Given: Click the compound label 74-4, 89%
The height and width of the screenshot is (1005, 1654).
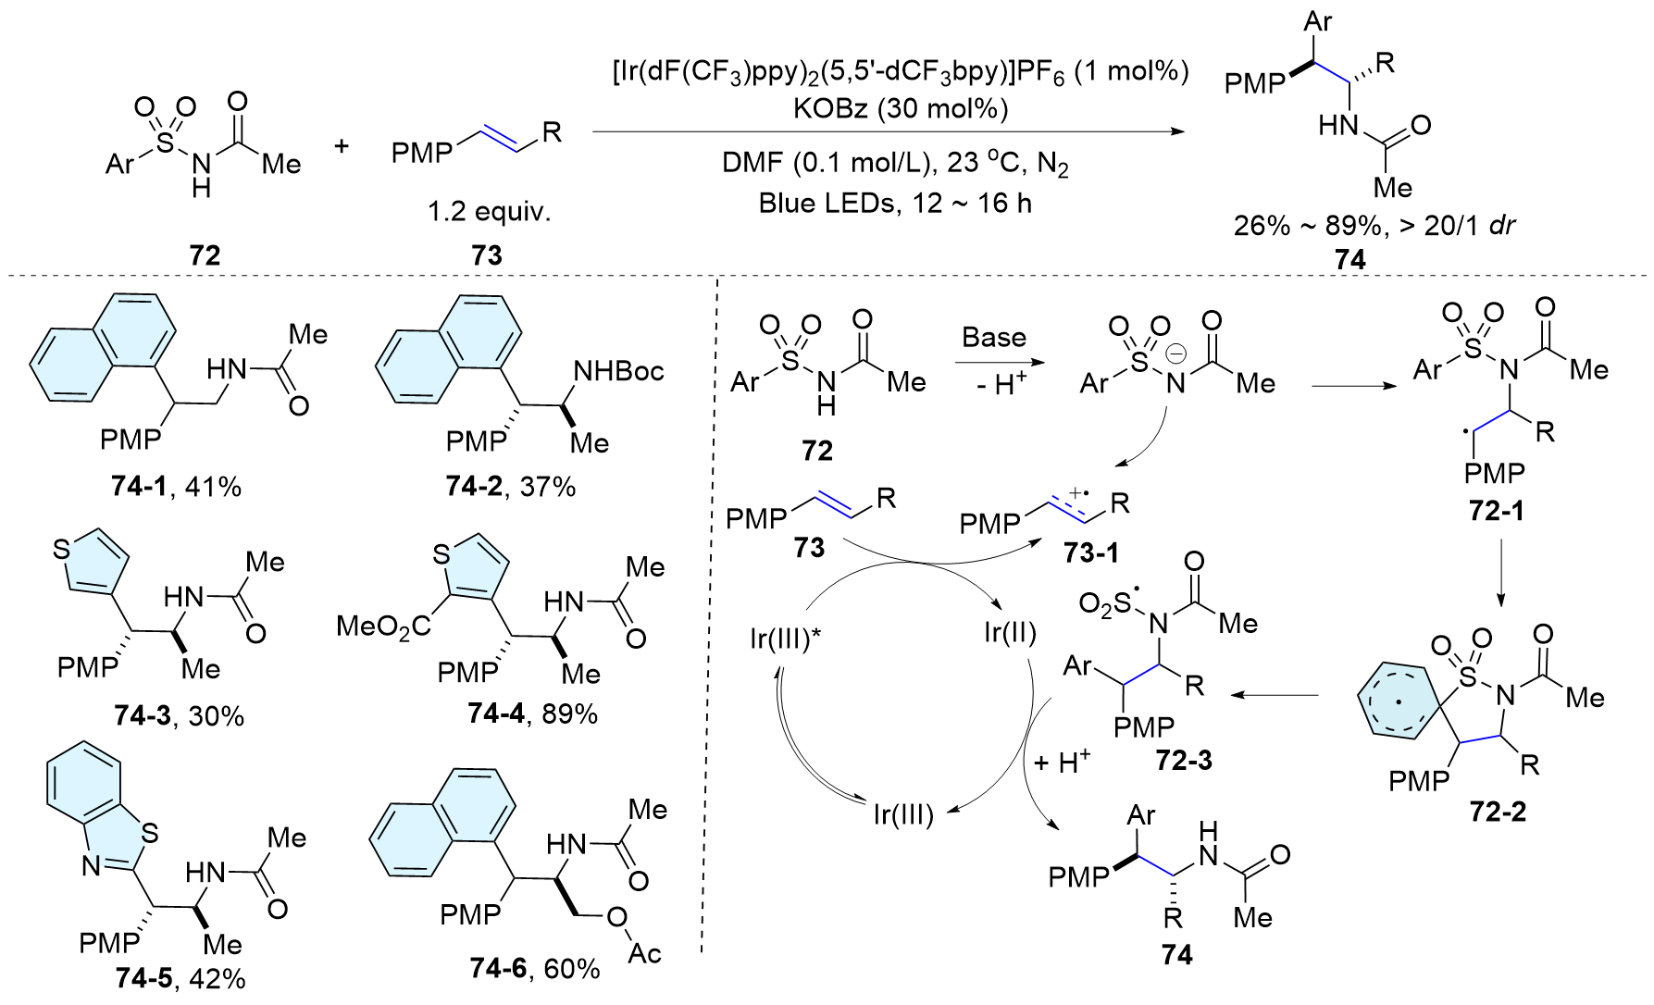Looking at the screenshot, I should tap(532, 713).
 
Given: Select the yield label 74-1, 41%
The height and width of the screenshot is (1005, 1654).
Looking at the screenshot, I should tap(176, 486).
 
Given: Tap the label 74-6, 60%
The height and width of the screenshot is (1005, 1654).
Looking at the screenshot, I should tap(534, 968).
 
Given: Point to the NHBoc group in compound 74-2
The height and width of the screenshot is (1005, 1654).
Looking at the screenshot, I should tap(618, 371).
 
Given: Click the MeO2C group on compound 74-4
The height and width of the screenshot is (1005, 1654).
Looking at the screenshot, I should tap(383, 627).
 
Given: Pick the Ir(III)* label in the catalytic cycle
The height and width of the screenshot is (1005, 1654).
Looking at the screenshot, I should tap(785, 639).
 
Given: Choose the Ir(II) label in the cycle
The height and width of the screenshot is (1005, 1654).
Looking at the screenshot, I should tap(1009, 633).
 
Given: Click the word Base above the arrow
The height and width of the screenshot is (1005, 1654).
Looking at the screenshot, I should tap(994, 337).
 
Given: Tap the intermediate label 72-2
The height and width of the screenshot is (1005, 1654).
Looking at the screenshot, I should tap(1498, 812).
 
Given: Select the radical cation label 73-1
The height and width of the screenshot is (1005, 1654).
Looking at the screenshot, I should tap(1091, 552).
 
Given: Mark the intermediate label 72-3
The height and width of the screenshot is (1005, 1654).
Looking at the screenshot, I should tap(1183, 760).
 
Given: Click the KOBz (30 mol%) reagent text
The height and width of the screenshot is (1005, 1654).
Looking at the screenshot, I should tap(900, 109).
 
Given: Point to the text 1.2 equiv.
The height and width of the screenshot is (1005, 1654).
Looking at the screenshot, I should tap(489, 212).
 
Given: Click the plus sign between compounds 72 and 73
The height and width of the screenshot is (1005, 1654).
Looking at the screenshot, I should tap(342, 145).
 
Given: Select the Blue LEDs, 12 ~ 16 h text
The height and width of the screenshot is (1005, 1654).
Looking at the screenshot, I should tap(895, 203).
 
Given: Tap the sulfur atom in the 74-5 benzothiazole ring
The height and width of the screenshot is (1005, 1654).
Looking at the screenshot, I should tap(149, 833).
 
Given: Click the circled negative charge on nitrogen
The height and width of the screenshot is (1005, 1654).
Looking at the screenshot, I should tap(1175, 354).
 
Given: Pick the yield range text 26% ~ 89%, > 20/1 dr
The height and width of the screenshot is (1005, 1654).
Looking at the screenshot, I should tap(1374, 225).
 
